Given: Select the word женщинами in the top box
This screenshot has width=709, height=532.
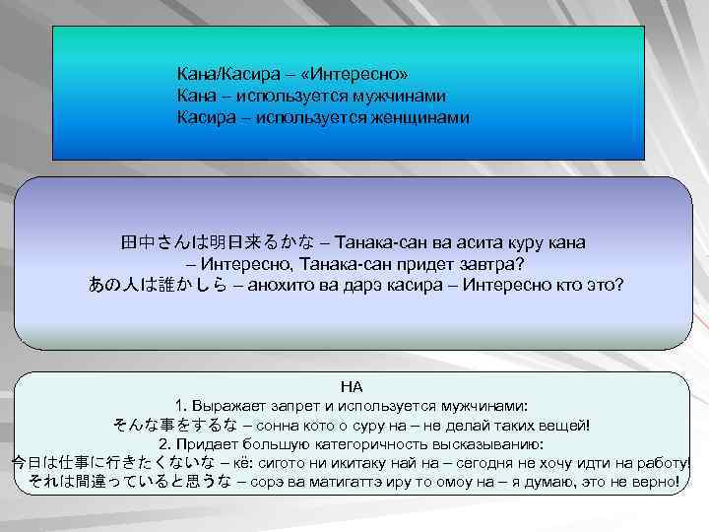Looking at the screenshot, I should [x=420, y=118].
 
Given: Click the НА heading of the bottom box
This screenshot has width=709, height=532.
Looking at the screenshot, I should [x=352, y=387].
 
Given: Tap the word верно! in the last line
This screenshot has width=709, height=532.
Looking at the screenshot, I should [x=655, y=481].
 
